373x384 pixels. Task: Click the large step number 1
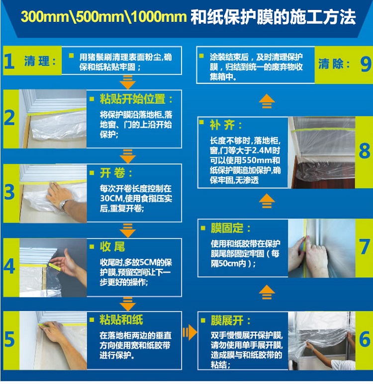click(x=9, y=61)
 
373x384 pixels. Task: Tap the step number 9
click(x=366, y=65)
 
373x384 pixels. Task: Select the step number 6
click(x=365, y=339)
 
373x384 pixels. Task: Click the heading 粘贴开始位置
click(x=133, y=99)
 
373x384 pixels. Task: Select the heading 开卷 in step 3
click(x=112, y=173)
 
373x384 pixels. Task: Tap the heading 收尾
click(x=112, y=247)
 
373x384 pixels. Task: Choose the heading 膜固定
click(x=227, y=228)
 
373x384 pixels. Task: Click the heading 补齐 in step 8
click(x=222, y=125)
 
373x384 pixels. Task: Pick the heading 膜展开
click(x=227, y=320)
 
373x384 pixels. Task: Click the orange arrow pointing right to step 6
click(x=189, y=332)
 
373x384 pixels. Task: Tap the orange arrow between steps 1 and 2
click(x=127, y=82)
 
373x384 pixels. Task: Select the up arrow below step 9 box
click(x=267, y=101)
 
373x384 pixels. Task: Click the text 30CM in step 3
click(x=111, y=198)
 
